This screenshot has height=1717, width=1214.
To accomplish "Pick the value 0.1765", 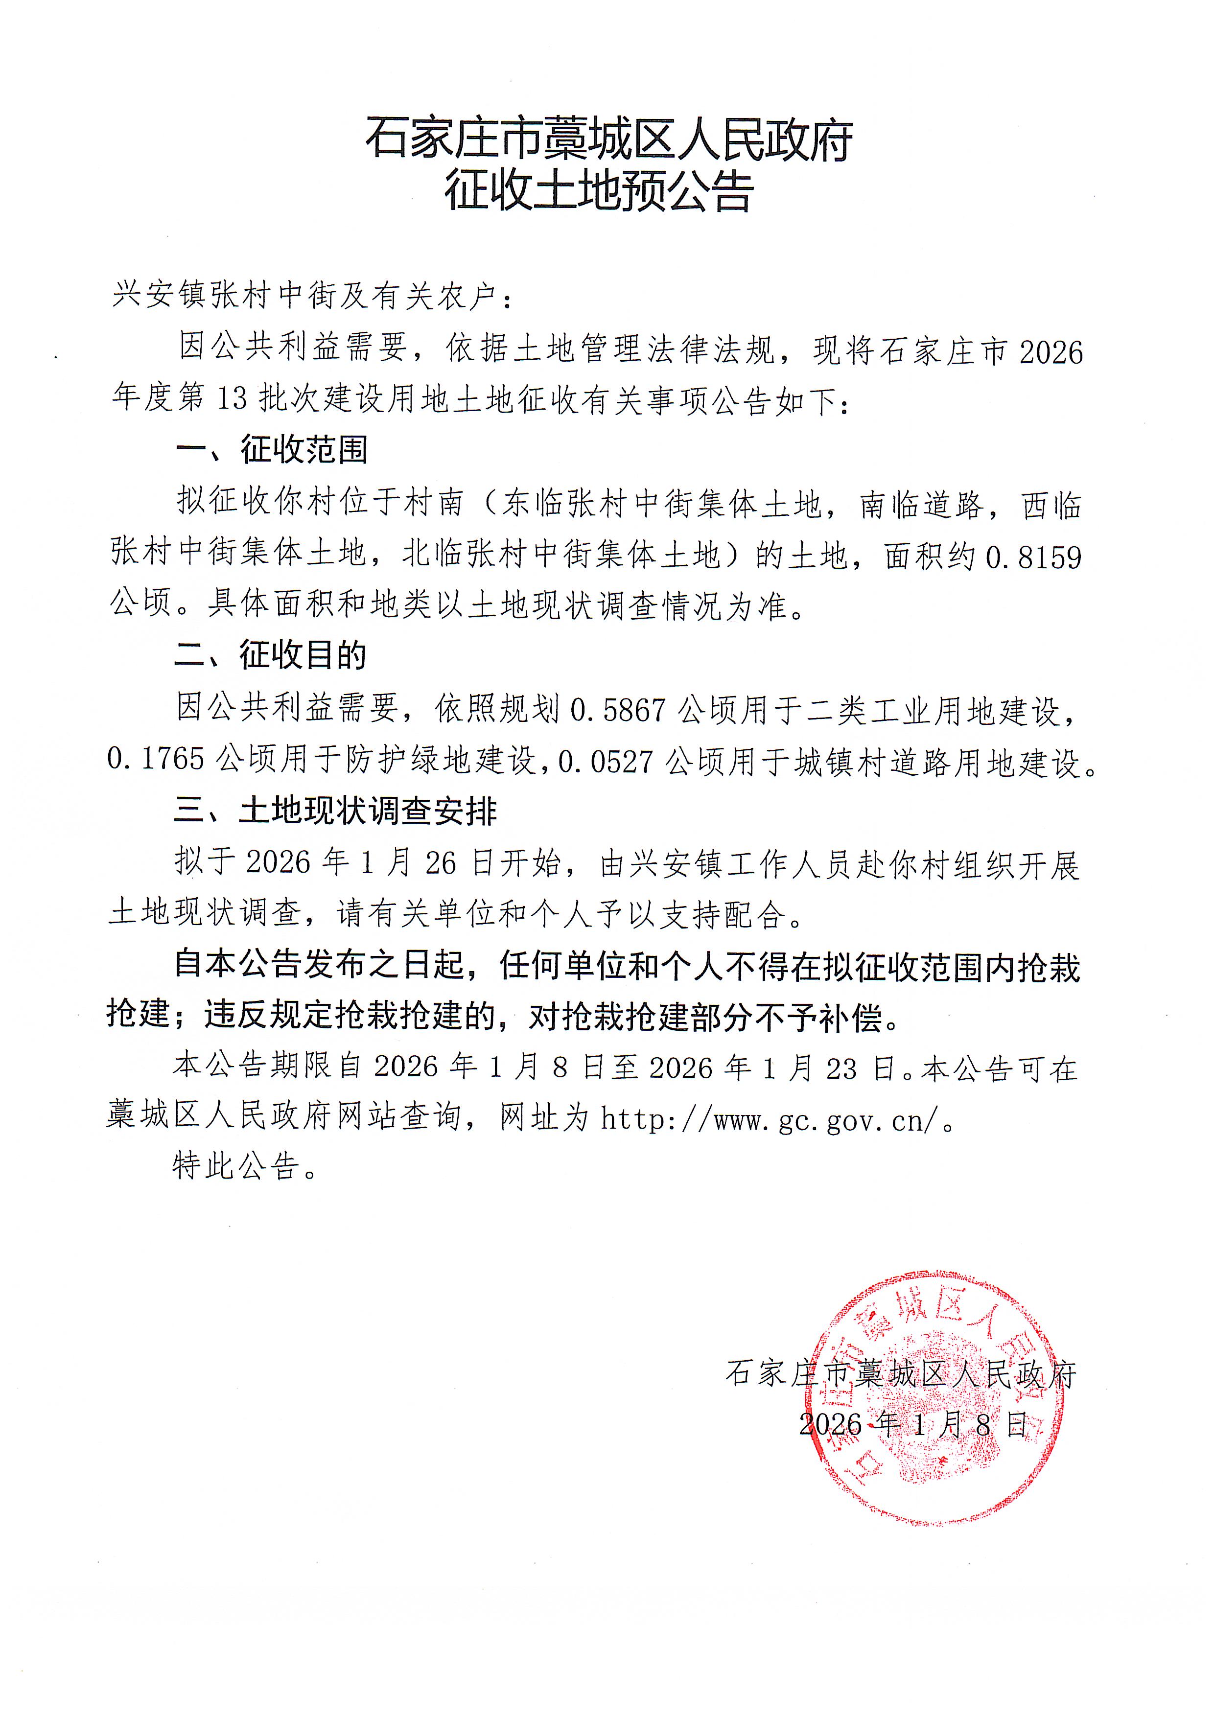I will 156,759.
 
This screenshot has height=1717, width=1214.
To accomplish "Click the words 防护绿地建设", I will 441,760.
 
